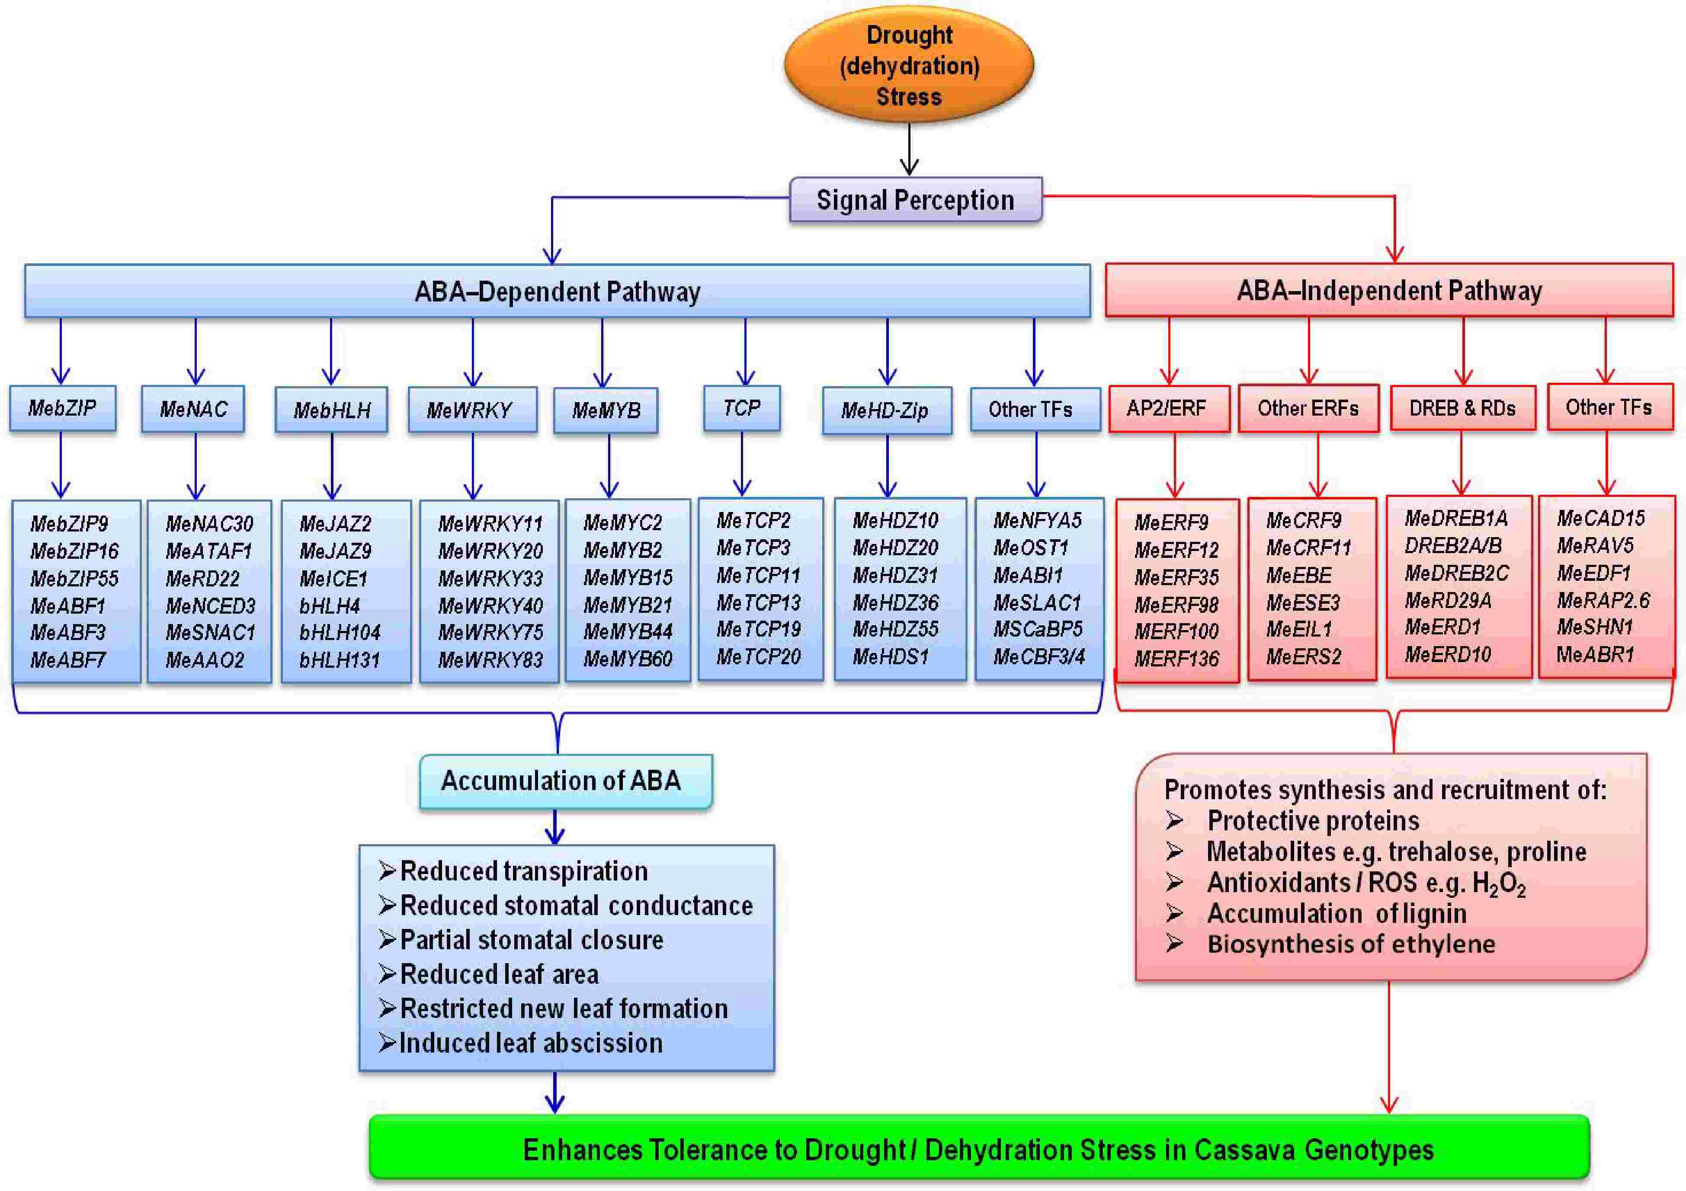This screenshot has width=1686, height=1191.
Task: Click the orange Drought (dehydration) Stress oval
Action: [909, 64]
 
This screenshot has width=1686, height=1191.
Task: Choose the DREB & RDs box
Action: [1462, 408]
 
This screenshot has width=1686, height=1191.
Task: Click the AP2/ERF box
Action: [1168, 408]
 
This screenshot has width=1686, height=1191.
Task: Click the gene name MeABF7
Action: [67, 660]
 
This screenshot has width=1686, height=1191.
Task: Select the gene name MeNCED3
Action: [210, 606]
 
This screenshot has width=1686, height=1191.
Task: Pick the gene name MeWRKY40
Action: [490, 606]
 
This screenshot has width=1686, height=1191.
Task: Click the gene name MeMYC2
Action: [622, 523]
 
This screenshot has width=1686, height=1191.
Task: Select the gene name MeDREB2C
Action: [1456, 573]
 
